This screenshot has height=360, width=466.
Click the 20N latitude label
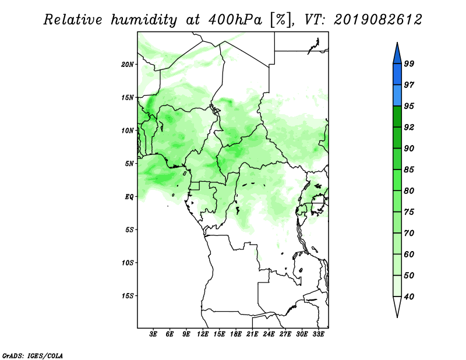click(x=128, y=65)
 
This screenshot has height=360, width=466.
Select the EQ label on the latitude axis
click(x=129, y=197)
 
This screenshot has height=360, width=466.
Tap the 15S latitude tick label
click(x=128, y=296)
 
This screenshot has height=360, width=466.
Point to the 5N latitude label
click(x=129, y=164)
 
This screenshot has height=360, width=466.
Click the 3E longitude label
click(x=153, y=334)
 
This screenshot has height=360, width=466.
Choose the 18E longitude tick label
click(x=236, y=334)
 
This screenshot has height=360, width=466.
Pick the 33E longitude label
click(x=318, y=334)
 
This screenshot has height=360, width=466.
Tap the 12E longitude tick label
click(x=203, y=334)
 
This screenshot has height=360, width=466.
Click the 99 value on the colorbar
click(x=409, y=63)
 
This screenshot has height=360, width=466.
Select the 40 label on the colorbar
click(x=409, y=297)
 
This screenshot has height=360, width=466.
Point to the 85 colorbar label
click(x=409, y=170)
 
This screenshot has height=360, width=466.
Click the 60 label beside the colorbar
click(x=409, y=254)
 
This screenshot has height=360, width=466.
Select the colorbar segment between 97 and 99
click(x=397, y=75)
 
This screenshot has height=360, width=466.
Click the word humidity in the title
click(x=144, y=20)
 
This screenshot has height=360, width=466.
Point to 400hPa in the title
click(x=235, y=20)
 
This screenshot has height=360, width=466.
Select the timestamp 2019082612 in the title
click(x=377, y=20)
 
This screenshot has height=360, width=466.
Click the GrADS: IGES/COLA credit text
click(x=33, y=356)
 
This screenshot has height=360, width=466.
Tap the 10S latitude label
click(x=128, y=263)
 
